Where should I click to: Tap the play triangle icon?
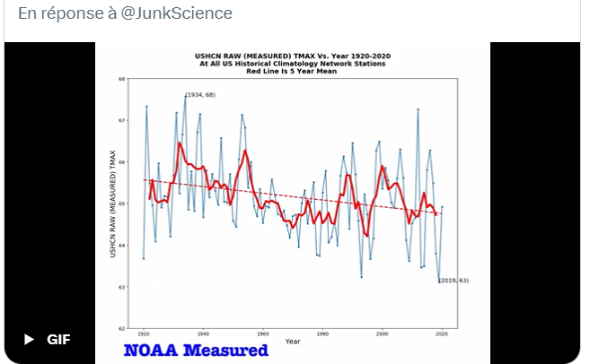coord(29,340)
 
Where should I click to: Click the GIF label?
coord(58,340)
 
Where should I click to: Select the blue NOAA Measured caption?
coord(196,350)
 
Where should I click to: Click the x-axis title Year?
coord(293,341)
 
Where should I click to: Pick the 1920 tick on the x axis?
coord(144,334)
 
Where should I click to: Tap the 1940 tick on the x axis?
coord(203,334)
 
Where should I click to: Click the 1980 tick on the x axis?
coord(322,334)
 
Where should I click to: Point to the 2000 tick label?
coord(383,334)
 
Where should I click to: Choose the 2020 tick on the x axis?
coord(442,334)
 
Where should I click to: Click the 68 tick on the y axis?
coord(122,79)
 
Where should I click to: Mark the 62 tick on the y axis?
coord(122,328)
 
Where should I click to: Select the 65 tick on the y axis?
coord(122,204)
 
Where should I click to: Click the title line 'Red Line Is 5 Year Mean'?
coord(293,71)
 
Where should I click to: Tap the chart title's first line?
coord(293,56)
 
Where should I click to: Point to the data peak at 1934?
coord(185,95)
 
